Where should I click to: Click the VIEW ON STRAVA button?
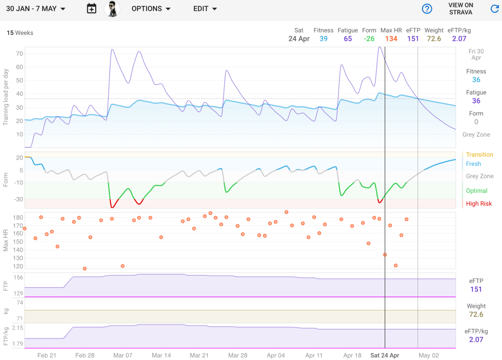(x=461, y=9)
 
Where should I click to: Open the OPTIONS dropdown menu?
(x=151, y=9)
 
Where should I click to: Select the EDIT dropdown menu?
(x=205, y=9)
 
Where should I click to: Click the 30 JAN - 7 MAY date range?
(x=36, y=9)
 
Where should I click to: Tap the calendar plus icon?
(x=91, y=8)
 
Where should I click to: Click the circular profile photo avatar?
(x=112, y=9)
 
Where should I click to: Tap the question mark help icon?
(x=427, y=9)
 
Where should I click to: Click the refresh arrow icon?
(x=495, y=9)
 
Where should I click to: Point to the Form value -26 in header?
(x=369, y=39)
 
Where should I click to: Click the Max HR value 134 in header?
(x=391, y=39)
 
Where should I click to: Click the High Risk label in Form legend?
(x=478, y=204)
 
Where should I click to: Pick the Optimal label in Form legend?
(x=476, y=191)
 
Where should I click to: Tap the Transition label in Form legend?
(x=479, y=155)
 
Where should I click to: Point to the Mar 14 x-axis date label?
(x=161, y=355)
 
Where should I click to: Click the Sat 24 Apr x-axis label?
(x=385, y=355)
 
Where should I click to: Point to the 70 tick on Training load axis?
(x=20, y=54)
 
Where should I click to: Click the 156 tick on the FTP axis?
(x=19, y=277)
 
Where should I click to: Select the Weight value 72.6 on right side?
(x=476, y=314)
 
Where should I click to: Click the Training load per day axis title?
(x=6, y=97)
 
